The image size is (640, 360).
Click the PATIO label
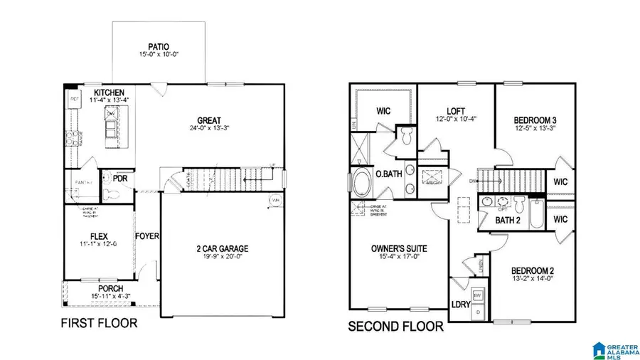coord(159,46)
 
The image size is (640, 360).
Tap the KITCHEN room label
coord(109,92)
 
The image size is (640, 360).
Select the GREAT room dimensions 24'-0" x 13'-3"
coord(208,129)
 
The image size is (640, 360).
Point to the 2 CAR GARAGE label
coord(223,248)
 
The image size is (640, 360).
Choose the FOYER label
coord(147,236)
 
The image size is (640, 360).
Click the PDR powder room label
coord(119,178)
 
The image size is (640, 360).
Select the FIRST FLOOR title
coord(100,324)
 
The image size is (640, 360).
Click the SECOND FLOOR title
coord(395,327)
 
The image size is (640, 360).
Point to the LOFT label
coord(455,111)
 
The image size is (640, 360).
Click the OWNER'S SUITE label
coord(399,248)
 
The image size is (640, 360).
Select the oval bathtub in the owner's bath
coord(362,182)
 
